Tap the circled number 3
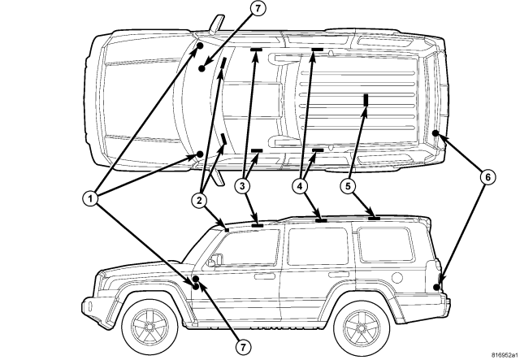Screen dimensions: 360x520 click(242, 186)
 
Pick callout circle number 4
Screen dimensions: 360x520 click(301, 186)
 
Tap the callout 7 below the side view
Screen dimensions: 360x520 click(241, 346)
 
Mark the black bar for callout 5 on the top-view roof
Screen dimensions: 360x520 click(366, 100)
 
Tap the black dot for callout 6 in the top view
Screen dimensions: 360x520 click(436, 133)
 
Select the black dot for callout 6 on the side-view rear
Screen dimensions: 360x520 click(437, 286)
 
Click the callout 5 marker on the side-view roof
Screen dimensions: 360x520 click(374, 218)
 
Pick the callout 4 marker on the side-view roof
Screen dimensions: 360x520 click(321, 219)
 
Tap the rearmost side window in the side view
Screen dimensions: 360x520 click(384, 244)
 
